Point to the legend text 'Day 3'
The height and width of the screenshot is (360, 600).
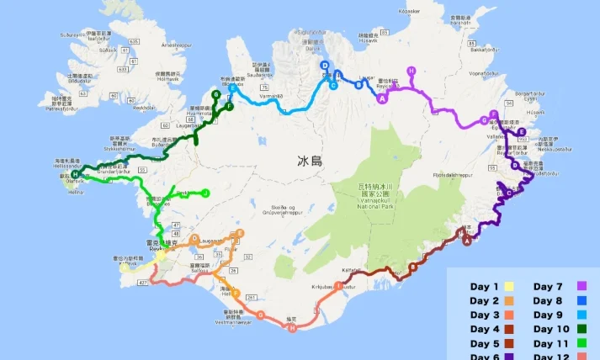(484, 315)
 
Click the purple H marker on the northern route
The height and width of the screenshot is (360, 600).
(411, 71)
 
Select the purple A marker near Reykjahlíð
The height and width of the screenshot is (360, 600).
(383, 98)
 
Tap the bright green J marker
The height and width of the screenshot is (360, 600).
(205, 193)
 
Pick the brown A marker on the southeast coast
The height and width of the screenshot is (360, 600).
(467, 239)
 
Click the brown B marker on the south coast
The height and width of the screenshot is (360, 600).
(413, 267)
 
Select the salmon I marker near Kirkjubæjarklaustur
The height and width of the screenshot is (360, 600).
(339, 286)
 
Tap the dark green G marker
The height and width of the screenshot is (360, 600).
(216, 95)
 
